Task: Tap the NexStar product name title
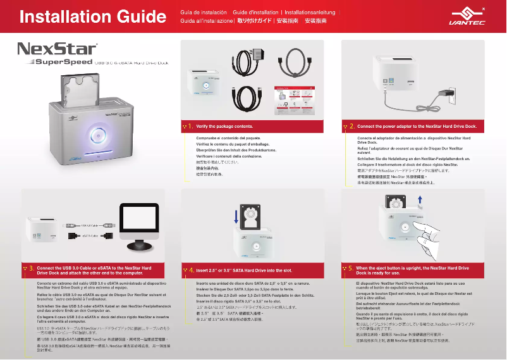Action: point(58,49)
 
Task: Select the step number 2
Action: point(351,127)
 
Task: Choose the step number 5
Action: point(351,269)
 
